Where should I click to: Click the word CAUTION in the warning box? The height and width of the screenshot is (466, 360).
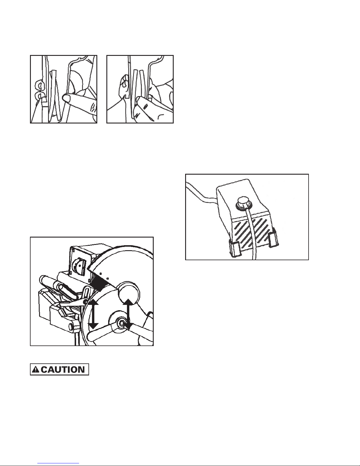pyautogui.click(x=63, y=370)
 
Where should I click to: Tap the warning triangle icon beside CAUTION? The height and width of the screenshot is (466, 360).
pyautogui.click(x=36, y=370)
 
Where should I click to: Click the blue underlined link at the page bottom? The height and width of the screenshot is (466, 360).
pyautogui.click(x=58, y=464)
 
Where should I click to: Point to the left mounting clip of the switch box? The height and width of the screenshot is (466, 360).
pyautogui.click(x=235, y=248)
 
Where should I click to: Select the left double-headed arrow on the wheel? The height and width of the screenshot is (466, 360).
pyautogui.click(x=93, y=315)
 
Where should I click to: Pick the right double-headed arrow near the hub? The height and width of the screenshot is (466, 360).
pyautogui.click(x=128, y=314)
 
